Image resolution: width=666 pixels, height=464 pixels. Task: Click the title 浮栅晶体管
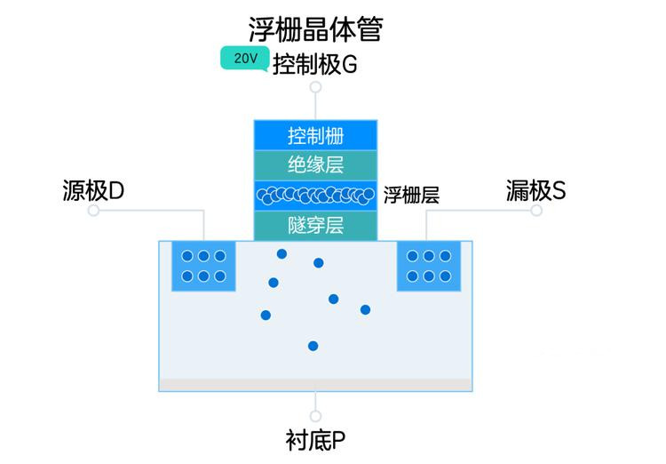(315, 29)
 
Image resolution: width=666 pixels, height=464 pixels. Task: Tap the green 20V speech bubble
(245, 59)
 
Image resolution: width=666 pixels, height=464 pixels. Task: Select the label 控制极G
(314, 65)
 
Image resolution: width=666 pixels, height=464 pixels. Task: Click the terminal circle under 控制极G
(315, 87)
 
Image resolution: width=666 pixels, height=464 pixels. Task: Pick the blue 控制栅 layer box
(315, 135)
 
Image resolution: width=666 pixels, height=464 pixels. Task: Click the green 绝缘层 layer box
(315, 165)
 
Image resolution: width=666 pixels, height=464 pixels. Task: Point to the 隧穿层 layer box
(315, 226)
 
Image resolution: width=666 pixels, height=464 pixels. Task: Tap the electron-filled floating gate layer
(315, 196)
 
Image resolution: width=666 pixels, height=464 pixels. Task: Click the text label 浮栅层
(411, 196)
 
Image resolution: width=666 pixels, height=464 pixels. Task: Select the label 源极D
(93, 190)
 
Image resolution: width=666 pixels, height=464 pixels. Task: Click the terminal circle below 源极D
(93, 210)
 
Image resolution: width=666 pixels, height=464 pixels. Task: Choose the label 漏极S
(535, 190)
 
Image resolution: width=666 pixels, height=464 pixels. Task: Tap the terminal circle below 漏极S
(536, 210)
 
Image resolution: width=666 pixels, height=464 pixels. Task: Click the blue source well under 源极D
(203, 267)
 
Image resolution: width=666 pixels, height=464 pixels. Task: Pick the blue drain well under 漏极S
(429, 267)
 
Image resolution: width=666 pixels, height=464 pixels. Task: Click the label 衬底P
(315, 440)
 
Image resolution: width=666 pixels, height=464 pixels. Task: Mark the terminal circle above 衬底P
(315, 416)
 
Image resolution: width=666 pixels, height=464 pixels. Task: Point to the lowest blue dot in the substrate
(313, 346)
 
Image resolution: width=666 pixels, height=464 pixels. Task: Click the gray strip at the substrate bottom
(315, 385)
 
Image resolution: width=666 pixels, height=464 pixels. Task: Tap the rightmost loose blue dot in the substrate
(365, 309)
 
